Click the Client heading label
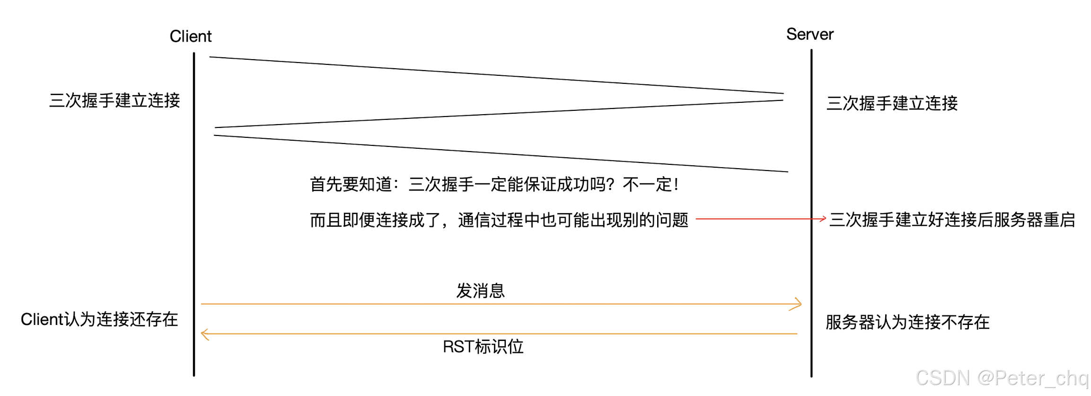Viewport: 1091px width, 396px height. tap(190, 36)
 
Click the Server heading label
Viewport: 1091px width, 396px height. tap(809, 35)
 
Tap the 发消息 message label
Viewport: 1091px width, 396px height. tap(480, 291)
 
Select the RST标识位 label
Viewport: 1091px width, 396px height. tap(483, 347)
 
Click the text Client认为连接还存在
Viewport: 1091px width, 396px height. tap(99, 320)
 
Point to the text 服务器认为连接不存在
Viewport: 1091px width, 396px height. tap(907, 323)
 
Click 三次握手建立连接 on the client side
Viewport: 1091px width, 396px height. tap(114, 101)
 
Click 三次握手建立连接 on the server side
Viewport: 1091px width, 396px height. tap(892, 103)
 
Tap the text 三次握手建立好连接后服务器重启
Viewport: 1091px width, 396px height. tap(952, 220)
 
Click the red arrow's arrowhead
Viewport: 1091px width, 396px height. tap(823, 219)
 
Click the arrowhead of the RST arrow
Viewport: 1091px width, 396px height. tap(204, 334)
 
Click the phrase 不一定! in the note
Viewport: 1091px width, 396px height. tap(651, 185)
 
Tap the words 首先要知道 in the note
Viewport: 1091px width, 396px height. tap(351, 185)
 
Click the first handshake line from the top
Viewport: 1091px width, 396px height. tap(496, 75)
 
